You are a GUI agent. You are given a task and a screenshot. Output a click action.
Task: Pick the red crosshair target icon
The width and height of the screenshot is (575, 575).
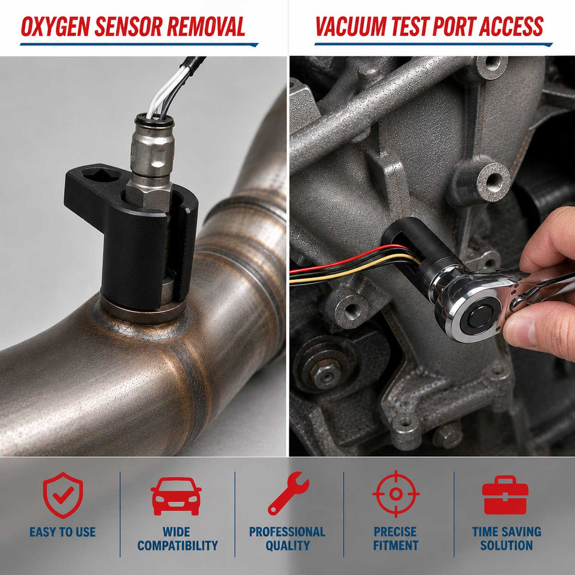(396, 494)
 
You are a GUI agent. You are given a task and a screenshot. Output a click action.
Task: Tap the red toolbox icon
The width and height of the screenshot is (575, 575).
(505, 495)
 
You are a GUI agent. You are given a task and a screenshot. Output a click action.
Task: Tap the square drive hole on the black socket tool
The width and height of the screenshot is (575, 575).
(100, 177)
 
